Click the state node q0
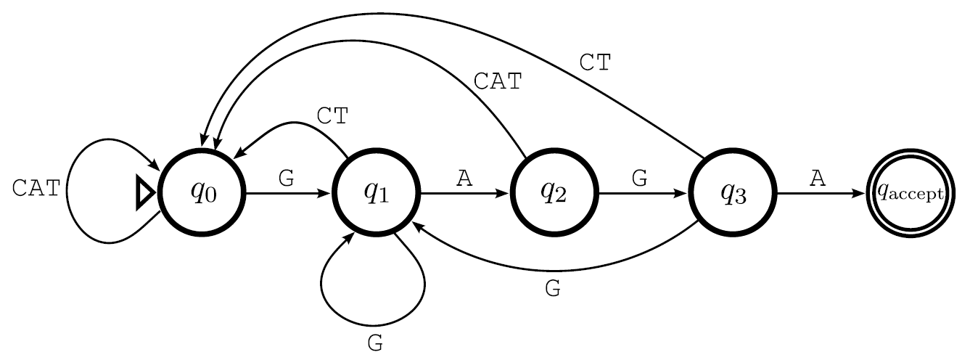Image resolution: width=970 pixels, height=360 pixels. click(203, 192)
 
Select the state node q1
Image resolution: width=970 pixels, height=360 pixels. click(377, 192)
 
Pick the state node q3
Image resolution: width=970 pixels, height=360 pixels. click(732, 192)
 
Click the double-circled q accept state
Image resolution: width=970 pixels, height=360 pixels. click(910, 192)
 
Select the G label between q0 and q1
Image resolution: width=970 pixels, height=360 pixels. click(287, 179)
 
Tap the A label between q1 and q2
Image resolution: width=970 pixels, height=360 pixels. click(464, 179)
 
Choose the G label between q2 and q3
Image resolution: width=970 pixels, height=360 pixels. click(639, 179)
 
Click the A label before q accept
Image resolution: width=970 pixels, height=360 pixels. click(818, 179)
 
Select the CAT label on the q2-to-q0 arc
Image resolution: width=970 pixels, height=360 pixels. click(497, 81)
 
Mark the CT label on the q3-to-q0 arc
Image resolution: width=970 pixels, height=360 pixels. click(596, 62)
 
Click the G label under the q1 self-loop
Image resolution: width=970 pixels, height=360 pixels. click(375, 343)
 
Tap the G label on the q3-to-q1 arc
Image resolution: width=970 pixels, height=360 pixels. click(553, 289)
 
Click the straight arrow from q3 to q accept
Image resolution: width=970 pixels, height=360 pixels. click(820, 194)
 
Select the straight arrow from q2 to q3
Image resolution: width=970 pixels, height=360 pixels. click(641, 194)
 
